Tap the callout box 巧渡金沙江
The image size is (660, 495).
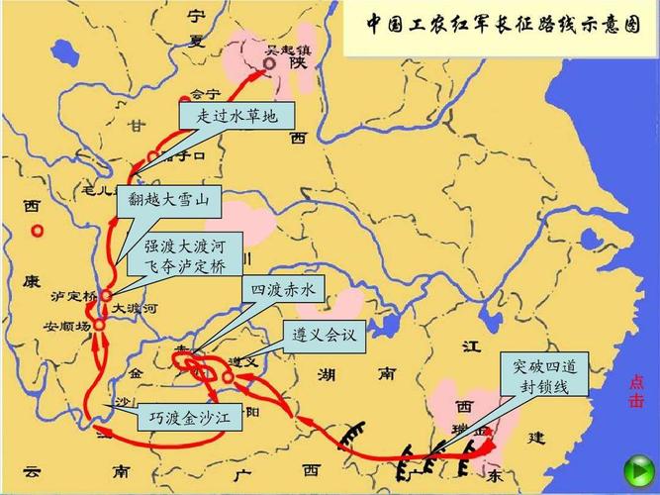tap(188, 417)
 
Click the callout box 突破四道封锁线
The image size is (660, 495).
tap(540, 376)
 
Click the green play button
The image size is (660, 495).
tap(633, 469)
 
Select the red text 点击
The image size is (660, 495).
tap(636, 392)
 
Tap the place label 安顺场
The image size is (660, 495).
tap(66, 325)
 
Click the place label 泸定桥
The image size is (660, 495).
tap(74, 296)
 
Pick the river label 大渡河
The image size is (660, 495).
tap(134, 309)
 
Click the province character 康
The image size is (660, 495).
tap(31, 281)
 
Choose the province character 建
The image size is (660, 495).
tap(535, 437)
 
